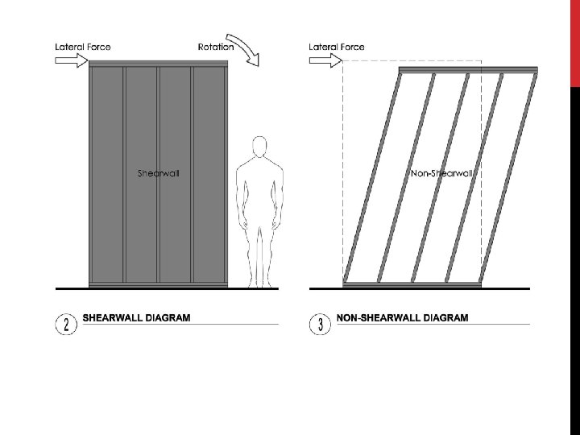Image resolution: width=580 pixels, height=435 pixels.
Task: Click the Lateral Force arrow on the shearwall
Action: pos(70,61)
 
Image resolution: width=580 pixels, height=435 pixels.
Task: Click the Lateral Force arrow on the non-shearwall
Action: pos(325,61)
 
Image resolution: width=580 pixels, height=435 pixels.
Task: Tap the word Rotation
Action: pos(215,47)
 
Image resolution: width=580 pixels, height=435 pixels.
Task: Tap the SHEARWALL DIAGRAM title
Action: pos(137,318)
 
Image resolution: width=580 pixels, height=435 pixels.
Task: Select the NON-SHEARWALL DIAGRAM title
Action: pos(402,318)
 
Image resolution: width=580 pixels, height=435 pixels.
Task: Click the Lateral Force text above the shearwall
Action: pos(83,47)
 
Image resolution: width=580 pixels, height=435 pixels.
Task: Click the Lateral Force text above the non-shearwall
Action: pos(337,47)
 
